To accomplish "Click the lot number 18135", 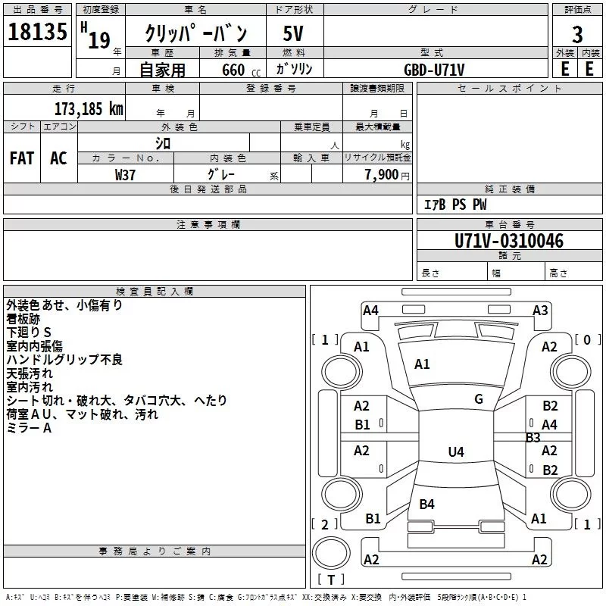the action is pos(37,32).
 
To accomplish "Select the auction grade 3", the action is pos(577,34).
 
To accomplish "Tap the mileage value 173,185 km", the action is pos(89,109).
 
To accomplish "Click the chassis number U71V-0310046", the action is pos(509,241).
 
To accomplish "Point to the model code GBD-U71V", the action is pos(434,70).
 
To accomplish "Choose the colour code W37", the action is pos(125,175).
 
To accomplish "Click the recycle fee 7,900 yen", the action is pos(387,175).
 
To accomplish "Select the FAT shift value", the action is pos(22,158).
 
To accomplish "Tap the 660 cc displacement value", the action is pos(241,70).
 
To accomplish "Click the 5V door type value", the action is pos(293,33).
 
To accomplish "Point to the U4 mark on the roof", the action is pos(456,451).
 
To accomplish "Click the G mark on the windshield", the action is pos(479,399).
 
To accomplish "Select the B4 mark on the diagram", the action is pos(426,504).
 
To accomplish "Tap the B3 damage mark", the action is pos(533,438).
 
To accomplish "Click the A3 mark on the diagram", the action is pos(540,311).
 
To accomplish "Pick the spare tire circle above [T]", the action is pos(331,553).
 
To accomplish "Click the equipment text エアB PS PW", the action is pos(455,205).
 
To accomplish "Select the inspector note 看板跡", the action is pos(23,319).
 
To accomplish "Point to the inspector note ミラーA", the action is pos(29,428).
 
